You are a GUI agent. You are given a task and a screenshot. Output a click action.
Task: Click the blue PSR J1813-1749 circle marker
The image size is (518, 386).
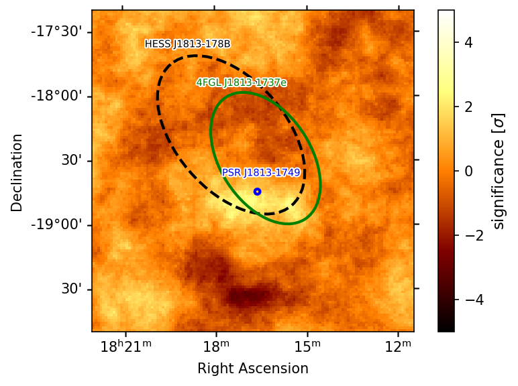(x=257, y=192)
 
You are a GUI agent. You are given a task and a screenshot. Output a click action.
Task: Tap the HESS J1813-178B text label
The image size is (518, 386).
(x=187, y=44)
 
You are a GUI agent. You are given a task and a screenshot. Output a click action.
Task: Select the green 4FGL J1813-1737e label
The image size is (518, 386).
(x=241, y=82)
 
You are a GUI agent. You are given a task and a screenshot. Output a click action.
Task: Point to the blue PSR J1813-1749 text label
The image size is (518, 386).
(x=261, y=173)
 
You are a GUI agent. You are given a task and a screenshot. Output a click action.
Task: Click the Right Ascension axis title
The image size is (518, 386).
(x=253, y=369)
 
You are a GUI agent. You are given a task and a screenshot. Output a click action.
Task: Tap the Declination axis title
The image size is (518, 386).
(x=17, y=172)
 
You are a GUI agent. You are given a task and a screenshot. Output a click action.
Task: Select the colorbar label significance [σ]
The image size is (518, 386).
(x=499, y=171)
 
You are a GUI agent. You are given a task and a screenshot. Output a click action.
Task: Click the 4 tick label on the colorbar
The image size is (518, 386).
(x=469, y=43)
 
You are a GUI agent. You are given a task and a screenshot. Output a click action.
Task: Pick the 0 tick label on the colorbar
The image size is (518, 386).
(x=469, y=171)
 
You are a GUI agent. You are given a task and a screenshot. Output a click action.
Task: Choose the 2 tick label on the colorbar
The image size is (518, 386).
(x=469, y=107)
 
